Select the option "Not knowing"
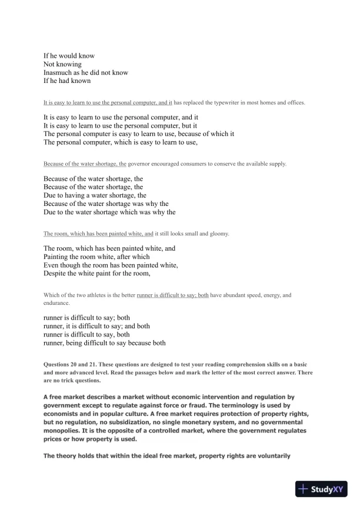(62, 64)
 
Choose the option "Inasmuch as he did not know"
(86, 72)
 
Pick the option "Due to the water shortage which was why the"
(109, 211)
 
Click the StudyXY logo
(324, 489)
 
